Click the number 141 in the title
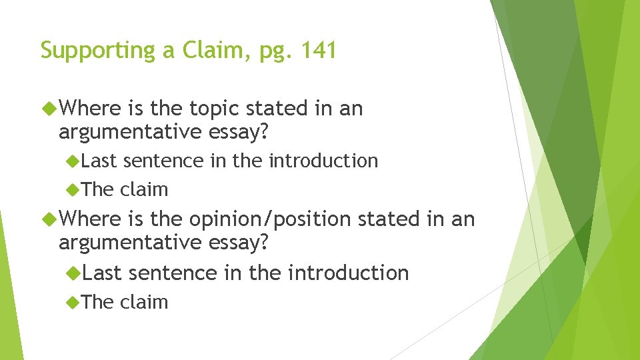tap(317, 50)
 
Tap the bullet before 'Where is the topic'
tap(49, 108)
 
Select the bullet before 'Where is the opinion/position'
tap(49, 219)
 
